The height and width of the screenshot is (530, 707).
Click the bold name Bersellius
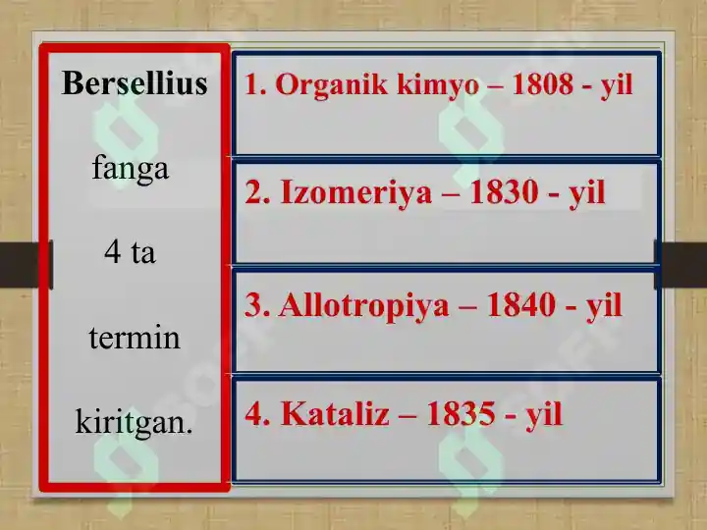(135, 83)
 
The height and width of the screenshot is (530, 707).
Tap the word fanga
(131, 169)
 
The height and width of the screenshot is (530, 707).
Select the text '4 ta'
(130, 251)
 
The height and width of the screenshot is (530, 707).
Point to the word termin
(135, 337)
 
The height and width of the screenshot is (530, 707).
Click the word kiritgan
(134, 421)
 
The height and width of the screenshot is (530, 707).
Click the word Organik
(332, 84)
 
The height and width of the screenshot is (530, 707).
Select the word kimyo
(438, 85)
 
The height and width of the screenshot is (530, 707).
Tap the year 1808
(543, 83)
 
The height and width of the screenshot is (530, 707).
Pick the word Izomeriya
(356, 193)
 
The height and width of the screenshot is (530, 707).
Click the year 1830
(504, 192)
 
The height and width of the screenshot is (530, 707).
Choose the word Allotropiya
(364, 306)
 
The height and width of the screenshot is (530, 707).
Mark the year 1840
(521, 305)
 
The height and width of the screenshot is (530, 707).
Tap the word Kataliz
(335, 413)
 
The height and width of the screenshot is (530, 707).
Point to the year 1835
(462, 413)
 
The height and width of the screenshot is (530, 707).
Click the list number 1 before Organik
(255, 84)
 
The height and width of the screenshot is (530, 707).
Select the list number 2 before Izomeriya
(258, 192)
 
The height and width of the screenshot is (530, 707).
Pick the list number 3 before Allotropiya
(257, 305)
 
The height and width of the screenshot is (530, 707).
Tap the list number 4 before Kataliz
(258, 413)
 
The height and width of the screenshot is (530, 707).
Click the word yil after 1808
(617, 85)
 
